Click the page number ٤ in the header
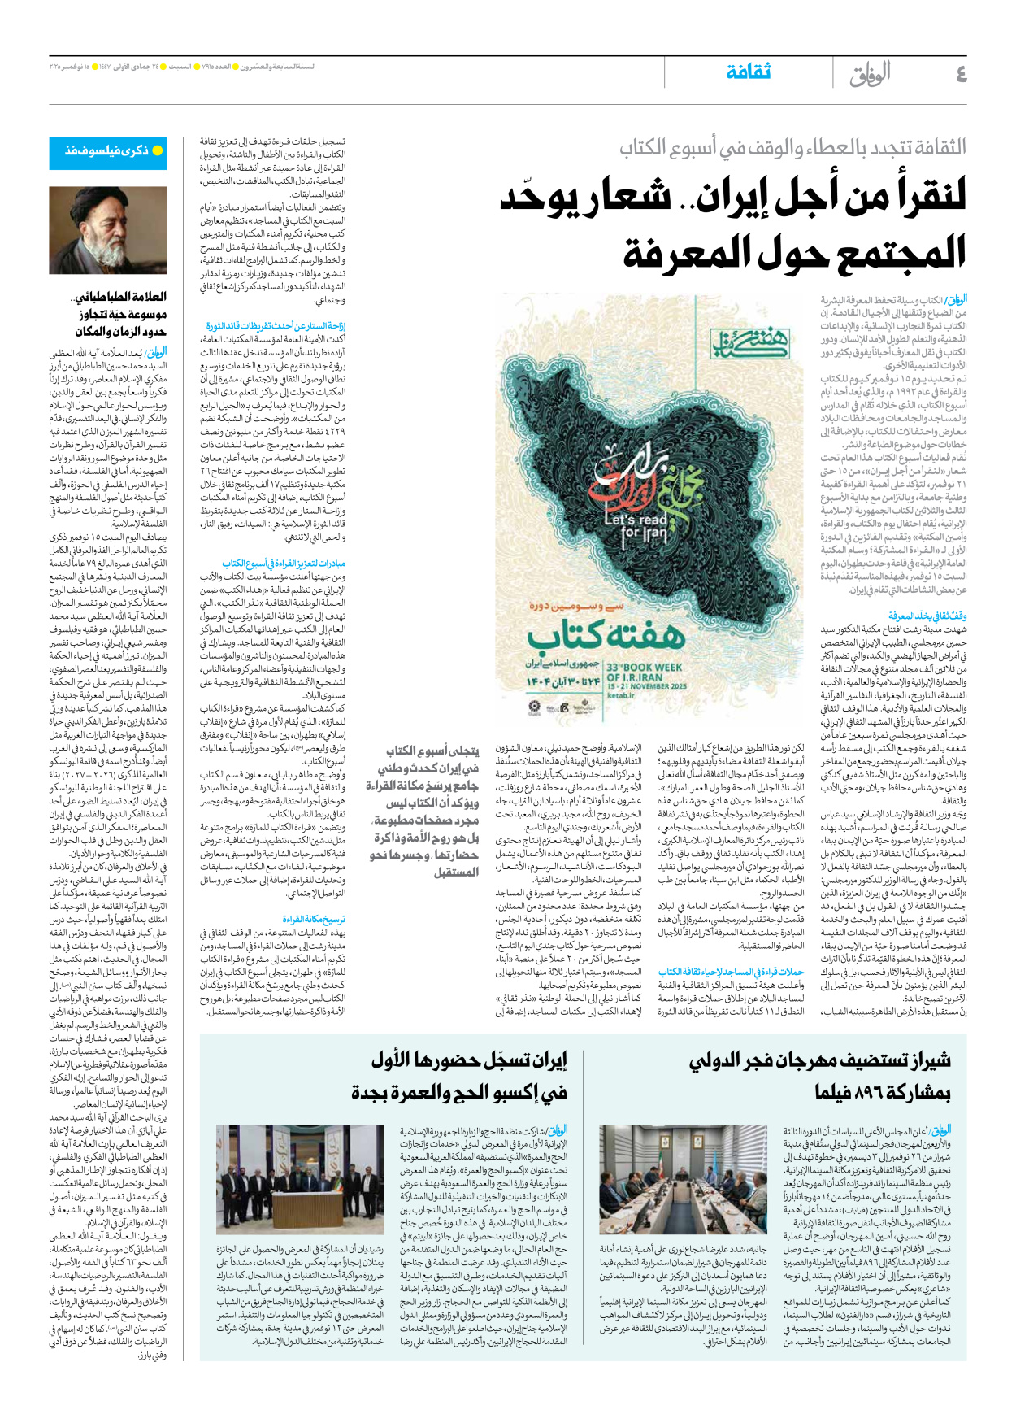tap(960, 74)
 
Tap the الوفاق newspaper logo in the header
tap(870, 74)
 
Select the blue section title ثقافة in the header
tap(748, 72)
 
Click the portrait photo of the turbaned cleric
tap(108, 230)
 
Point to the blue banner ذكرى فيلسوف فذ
tap(108, 150)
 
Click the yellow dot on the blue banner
tap(158, 150)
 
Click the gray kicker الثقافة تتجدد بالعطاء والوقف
tap(792, 148)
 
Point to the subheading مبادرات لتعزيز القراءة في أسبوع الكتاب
tap(284, 563)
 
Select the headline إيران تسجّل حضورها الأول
tap(469, 1060)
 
